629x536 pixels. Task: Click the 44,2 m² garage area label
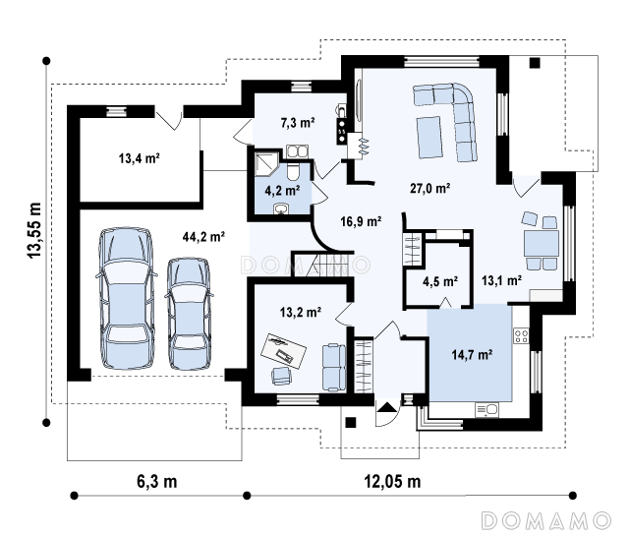click(203, 236)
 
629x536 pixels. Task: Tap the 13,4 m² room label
click(140, 158)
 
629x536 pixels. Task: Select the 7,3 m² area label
click(298, 123)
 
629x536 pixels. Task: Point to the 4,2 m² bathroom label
click(282, 191)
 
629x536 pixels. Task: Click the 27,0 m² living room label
click(430, 188)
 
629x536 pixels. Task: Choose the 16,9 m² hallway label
click(361, 221)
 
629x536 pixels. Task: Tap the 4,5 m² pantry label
click(440, 281)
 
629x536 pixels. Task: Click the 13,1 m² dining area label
click(501, 280)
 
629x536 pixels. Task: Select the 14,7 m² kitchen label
click(472, 354)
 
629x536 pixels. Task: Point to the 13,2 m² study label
click(301, 312)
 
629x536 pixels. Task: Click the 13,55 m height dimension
click(34, 230)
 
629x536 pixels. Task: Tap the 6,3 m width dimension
click(157, 481)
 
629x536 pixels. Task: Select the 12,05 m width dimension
click(392, 481)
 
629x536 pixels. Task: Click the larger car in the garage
click(127, 298)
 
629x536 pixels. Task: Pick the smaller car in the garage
click(189, 314)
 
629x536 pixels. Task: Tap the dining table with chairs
click(541, 243)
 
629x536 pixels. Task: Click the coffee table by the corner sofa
click(429, 137)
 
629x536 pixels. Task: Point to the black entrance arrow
click(386, 407)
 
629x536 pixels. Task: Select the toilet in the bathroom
click(293, 171)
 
